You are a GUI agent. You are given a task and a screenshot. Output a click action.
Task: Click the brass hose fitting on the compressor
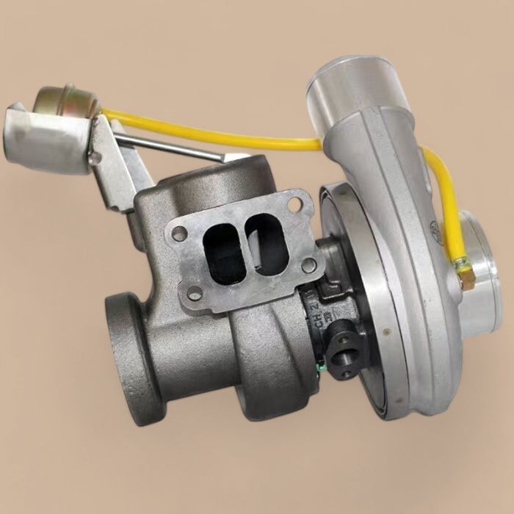coord(464,273)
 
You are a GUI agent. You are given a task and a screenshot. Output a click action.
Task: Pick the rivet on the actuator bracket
coord(94,157)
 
